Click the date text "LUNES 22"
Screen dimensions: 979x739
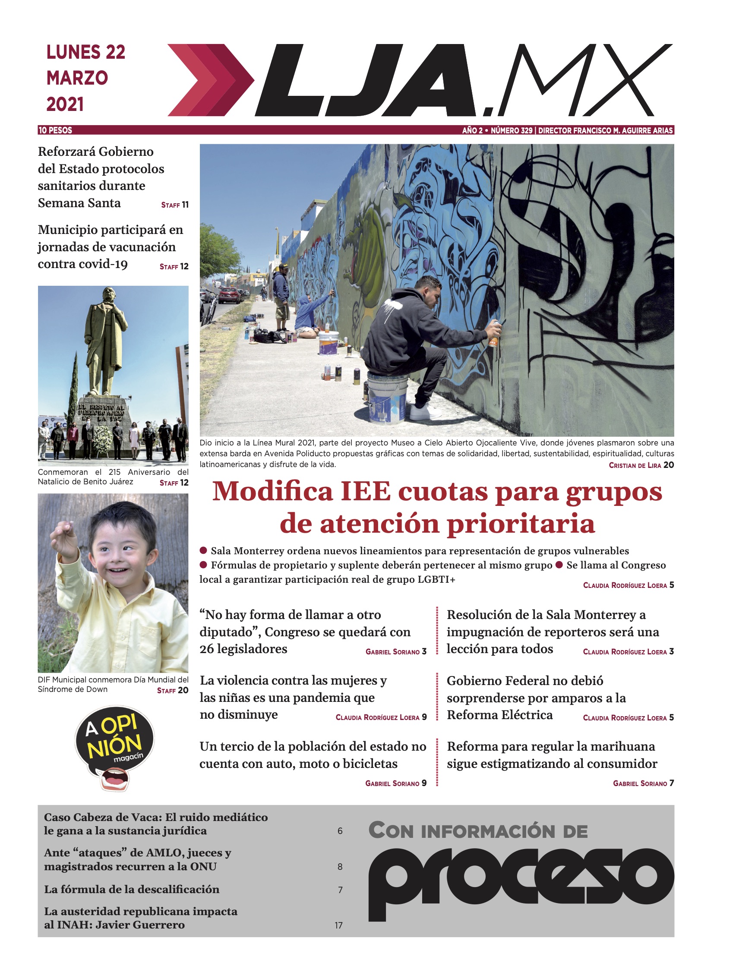(x=86, y=52)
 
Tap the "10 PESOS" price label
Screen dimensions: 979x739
(x=55, y=130)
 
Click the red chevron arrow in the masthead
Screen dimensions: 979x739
(x=210, y=80)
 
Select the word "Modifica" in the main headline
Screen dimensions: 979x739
(x=272, y=491)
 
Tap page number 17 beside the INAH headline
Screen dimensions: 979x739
(x=338, y=925)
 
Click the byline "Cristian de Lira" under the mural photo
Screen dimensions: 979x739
(x=635, y=465)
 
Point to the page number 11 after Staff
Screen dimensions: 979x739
(x=185, y=205)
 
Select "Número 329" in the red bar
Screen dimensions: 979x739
(x=512, y=130)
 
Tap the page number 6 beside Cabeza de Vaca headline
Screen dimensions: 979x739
(x=340, y=831)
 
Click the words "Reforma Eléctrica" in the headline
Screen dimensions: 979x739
(x=499, y=715)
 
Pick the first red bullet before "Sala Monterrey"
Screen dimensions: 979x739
(x=204, y=550)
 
